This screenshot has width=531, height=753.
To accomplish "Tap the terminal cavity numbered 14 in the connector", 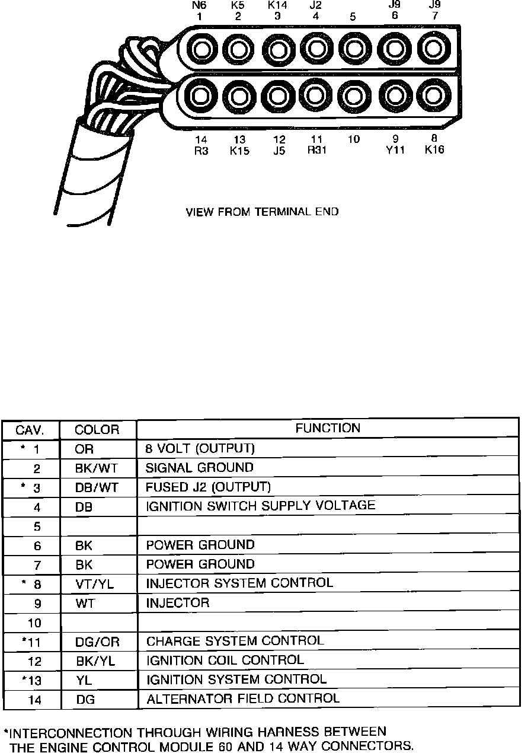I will click(x=201, y=95).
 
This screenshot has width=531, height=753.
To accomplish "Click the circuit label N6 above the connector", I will click(x=200, y=5).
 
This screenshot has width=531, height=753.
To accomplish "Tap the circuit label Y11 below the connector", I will click(x=395, y=151).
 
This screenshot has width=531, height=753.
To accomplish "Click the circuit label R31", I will click(x=317, y=150).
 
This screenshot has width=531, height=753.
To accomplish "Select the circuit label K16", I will click(x=434, y=151).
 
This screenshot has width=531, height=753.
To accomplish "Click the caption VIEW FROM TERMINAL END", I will click(x=263, y=212).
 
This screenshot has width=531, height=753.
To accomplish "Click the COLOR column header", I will click(x=97, y=429).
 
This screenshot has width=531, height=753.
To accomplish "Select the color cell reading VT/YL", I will click(x=95, y=584).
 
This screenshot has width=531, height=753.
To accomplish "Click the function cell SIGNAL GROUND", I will click(x=199, y=468).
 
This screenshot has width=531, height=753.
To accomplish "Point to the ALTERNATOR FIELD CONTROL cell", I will click(x=242, y=698).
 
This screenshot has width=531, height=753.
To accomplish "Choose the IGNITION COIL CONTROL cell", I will click(x=225, y=660).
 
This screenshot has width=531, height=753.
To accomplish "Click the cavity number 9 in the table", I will click(x=37, y=604).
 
